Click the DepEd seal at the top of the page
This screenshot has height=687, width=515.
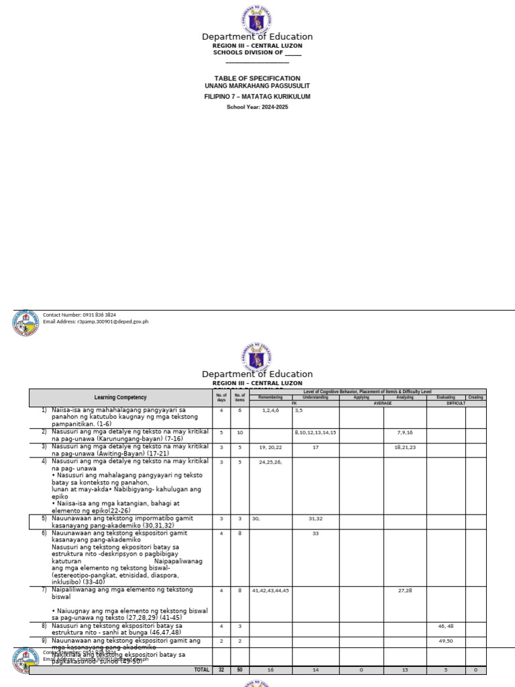pos(257,19)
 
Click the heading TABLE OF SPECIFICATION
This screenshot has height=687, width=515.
pos(257,78)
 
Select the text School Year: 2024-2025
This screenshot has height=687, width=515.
pos(257,107)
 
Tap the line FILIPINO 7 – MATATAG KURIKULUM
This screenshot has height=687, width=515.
pos(257,97)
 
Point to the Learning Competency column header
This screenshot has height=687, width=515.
pos(120,398)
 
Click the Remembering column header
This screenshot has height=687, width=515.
pos(271,397)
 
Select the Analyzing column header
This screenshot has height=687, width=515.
pos(404,397)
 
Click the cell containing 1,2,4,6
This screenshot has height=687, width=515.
pos(271,410)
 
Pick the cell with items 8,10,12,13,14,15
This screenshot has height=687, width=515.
pos(315,433)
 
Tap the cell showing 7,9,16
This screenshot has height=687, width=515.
pos(404,433)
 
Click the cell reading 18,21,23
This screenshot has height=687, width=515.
pos(404,447)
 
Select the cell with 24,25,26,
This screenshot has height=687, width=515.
pos(271,462)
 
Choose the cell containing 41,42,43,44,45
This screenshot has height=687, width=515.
pos(271,590)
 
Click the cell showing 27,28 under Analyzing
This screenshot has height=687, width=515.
pos(404,590)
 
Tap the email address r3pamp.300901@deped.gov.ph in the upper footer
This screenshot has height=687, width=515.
pos(95,321)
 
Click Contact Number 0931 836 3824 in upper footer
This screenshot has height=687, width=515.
pos(79,314)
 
